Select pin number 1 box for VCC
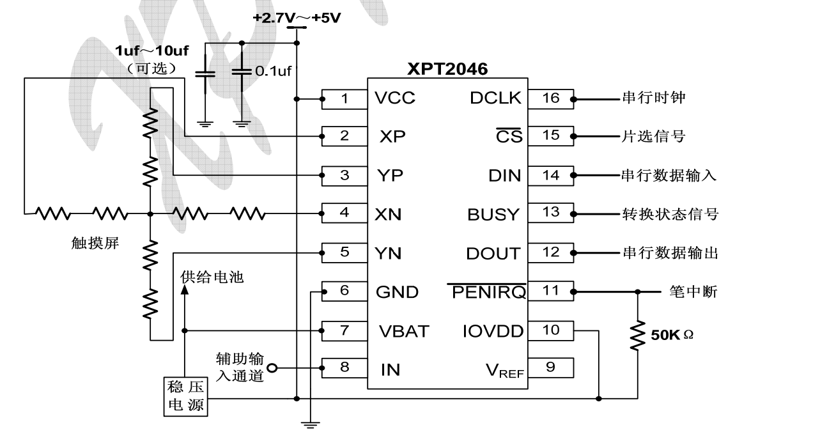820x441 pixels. click(344, 98)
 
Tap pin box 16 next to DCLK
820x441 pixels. click(550, 98)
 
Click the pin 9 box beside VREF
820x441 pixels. click(550, 367)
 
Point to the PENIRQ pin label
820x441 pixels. click(487, 292)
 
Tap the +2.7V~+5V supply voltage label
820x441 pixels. click(297, 17)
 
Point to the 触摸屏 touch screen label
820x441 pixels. click(96, 243)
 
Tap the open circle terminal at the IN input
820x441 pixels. click(272, 368)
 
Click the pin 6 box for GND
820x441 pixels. click(344, 291)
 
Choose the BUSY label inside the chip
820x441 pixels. click(493, 215)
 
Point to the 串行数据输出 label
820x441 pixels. click(670, 253)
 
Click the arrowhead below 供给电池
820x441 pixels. click(185, 289)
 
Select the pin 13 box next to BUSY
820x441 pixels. click(550, 213)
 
